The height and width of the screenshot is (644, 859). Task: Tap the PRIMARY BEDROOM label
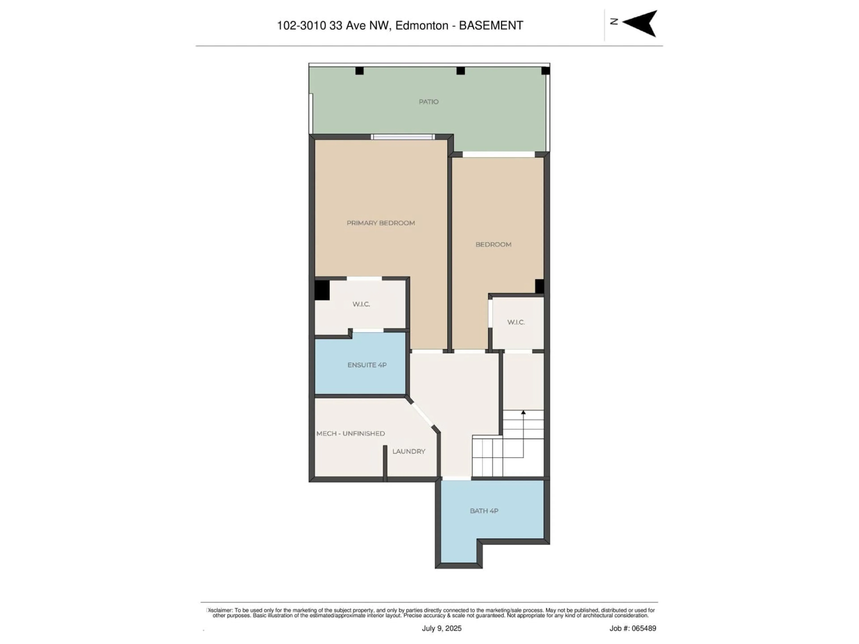tap(381, 223)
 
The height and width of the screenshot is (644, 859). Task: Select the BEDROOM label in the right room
tap(493, 244)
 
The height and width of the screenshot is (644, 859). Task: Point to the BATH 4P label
tap(484, 511)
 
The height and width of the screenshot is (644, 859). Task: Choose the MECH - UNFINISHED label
tap(350, 433)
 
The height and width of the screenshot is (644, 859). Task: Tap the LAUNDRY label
tap(408, 451)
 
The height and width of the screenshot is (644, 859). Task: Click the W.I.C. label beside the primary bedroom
tap(361, 304)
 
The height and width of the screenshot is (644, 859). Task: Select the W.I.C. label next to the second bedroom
tap(516, 322)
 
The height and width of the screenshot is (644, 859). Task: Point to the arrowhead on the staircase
tap(523, 412)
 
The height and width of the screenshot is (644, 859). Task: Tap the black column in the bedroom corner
tap(539, 286)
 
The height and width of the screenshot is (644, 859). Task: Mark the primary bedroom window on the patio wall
tap(403, 137)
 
